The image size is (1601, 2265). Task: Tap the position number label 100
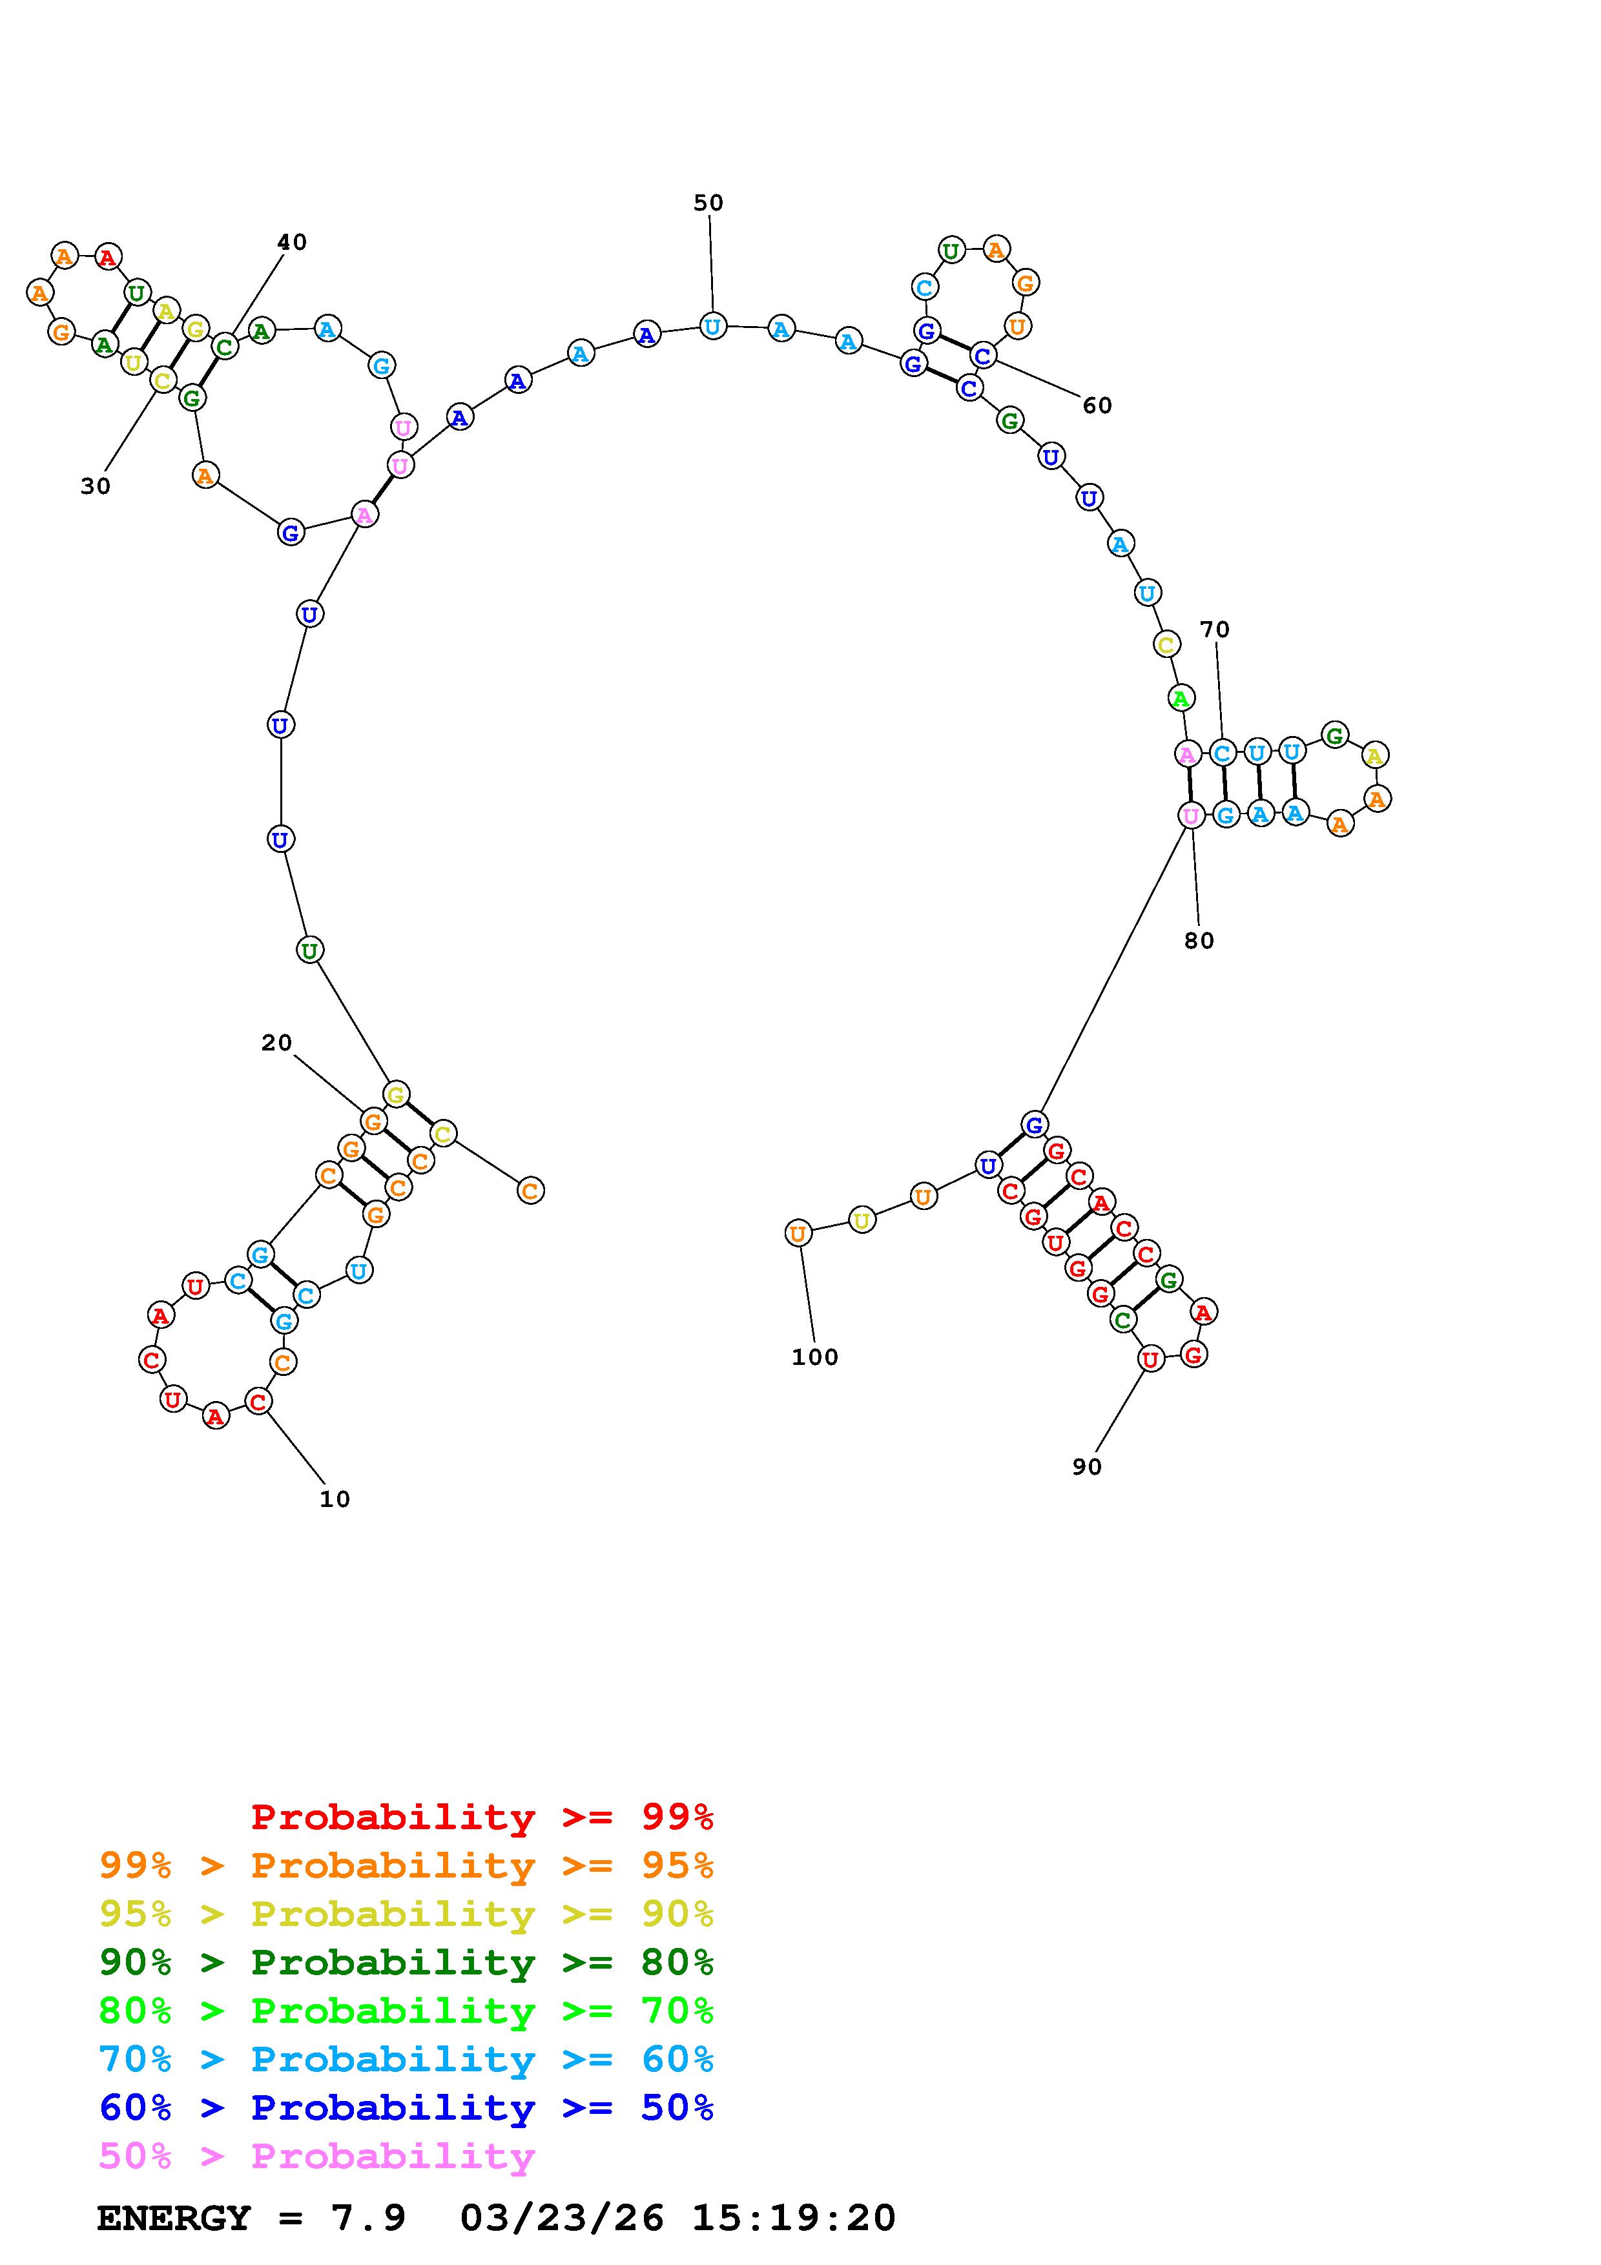pyautogui.click(x=815, y=1357)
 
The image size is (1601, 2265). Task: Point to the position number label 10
pyautogui.click(x=335, y=1499)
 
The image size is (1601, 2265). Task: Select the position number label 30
pyautogui.click(x=96, y=486)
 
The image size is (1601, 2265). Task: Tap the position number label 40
pyautogui.click(x=291, y=241)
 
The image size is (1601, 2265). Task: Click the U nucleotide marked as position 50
pyautogui.click(x=712, y=325)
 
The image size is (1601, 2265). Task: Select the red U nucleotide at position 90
pyautogui.click(x=1150, y=1359)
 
